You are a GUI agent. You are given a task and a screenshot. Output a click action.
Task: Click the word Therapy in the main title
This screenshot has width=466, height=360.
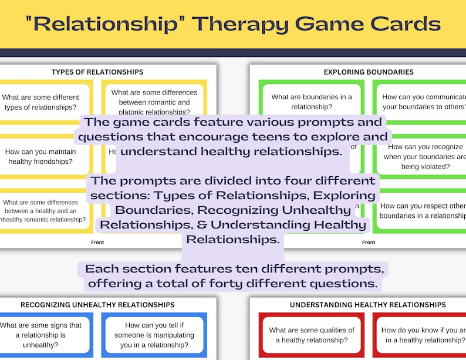[x=243, y=24]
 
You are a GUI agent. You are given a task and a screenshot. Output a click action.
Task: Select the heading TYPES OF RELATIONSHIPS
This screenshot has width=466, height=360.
[x=97, y=72]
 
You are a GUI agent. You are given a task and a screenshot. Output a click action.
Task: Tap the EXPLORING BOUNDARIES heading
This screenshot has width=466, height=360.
[x=369, y=72]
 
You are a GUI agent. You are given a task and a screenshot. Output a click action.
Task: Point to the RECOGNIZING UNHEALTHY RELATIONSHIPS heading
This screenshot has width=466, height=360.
[x=97, y=305]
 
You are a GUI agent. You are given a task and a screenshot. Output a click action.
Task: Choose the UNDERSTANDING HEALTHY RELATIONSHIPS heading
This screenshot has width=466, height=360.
[x=368, y=305]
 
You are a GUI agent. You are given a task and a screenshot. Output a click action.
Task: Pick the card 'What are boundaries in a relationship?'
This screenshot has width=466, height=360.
[x=312, y=102]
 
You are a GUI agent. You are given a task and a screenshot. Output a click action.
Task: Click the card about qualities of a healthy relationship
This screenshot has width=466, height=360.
[x=312, y=335]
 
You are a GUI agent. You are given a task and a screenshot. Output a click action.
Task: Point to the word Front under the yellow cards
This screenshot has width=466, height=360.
[x=97, y=242]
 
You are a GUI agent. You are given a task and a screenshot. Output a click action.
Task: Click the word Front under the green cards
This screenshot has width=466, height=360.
[x=369, y=242]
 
